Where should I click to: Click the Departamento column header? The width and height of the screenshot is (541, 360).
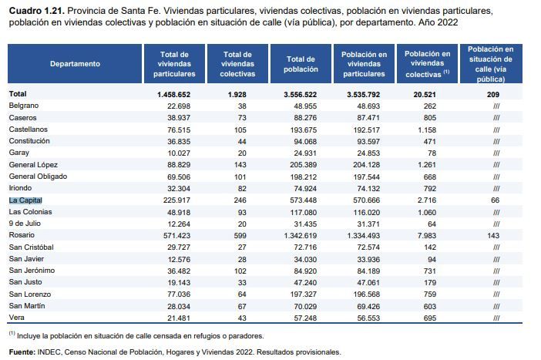[x=75, y=64]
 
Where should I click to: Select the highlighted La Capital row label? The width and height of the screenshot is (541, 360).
[x=25, y=200]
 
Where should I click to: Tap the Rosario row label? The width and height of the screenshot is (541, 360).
[x=22, y=235]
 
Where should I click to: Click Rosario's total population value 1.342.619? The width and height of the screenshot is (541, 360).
[x=301, y=236]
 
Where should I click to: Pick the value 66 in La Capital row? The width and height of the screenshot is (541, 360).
[x=495, y=200]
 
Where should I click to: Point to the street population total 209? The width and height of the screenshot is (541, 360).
[x=493, y=95]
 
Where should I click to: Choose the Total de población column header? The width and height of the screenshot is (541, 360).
[x=301, y=64]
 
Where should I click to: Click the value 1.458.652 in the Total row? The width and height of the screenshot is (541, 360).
[x=173, y=95]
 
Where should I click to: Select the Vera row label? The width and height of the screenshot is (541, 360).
[x=16, y=318]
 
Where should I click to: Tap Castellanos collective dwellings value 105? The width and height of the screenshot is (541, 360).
[x=240, y=130]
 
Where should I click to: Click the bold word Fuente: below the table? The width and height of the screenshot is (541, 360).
[x=22, y=352]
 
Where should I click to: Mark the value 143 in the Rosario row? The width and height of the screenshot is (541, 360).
[x=493, y=236]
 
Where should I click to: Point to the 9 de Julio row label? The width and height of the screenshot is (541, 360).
[x=25, y=224]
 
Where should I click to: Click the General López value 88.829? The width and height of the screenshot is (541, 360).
[x=179, y=165]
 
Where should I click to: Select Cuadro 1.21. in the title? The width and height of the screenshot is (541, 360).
[x=37, y=11]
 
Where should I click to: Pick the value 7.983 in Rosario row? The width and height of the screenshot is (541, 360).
[x=427, y=236]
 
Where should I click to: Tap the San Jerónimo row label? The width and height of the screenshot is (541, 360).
[x=32, y=271]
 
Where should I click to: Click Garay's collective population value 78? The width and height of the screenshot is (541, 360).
[x=432, y=153]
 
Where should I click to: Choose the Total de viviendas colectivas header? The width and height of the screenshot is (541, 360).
[x=237, y=64]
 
